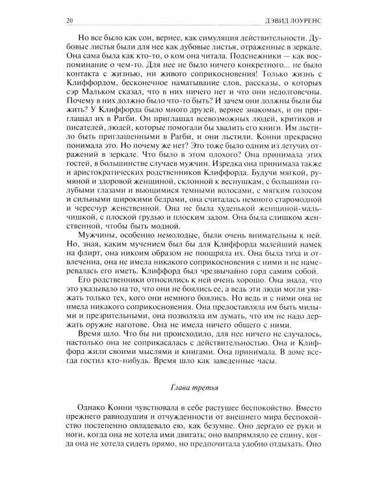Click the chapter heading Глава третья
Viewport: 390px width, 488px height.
[x=196, y=389]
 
